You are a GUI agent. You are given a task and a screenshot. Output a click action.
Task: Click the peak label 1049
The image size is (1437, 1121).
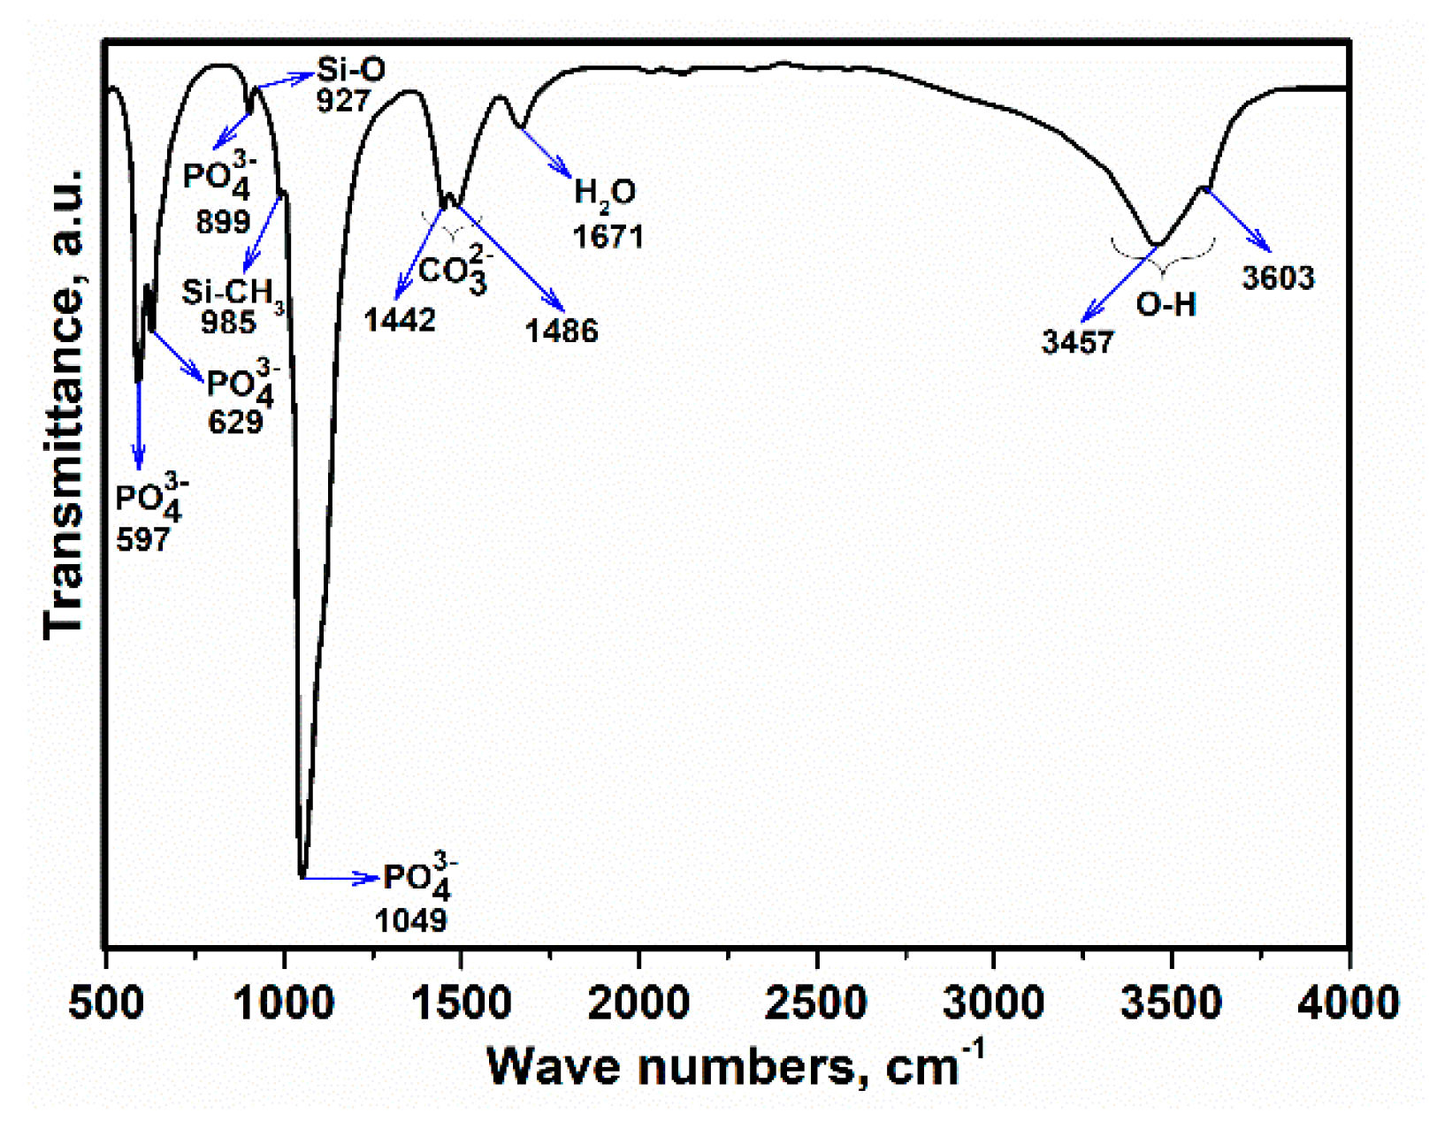pyautogui.click(x=410, y=921)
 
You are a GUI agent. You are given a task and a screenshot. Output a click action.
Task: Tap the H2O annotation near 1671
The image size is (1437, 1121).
pyautogui.click(x=605, y=193)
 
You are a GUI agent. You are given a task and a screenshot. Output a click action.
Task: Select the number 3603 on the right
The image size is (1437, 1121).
pyautogui.click(x=1278, y=278)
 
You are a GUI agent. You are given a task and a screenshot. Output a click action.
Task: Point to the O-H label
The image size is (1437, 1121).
pyautogui.click(x=1166, y=305)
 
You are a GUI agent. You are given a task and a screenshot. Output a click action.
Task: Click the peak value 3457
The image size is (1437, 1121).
pyautogui.click(x=1078, y=342)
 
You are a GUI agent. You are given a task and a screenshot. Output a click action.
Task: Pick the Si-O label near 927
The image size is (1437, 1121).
pyautogui.click(x=351, y=69)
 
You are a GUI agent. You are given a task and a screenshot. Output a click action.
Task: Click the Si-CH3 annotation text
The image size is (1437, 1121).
pyautogui.click(x=232, y=293)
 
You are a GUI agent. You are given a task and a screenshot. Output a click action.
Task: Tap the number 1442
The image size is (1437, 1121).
pyautogui.click(x=400, y=320)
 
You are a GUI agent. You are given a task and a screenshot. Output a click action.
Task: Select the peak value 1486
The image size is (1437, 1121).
pyautogui.click(x=562, y=332)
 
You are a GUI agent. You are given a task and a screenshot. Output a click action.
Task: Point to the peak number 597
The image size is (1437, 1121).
pyautogui.click(x=142, y=539)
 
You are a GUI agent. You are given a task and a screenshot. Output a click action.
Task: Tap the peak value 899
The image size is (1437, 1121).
pyautogui.click(x=223, y=222)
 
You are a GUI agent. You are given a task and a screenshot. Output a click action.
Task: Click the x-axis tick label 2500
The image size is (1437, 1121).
pyautogui.click(x=815, y=1003)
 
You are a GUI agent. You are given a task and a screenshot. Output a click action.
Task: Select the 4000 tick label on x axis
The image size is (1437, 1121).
pyautogui.click(x=1348, y=1003)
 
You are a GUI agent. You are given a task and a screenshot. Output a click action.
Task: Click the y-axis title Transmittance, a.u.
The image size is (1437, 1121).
pyautogui.click(x=64, y=402)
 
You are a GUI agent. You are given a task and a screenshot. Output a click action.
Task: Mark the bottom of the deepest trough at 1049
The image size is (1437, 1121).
pyautogui.click(x=302, y=874)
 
